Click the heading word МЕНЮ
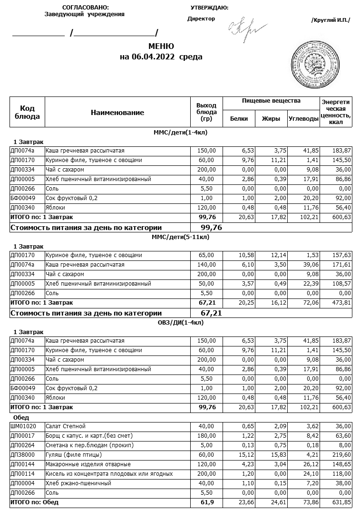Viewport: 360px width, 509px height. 161,47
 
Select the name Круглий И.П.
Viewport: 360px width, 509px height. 331,20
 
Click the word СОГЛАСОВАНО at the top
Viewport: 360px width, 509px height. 86,8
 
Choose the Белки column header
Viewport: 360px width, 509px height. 239,119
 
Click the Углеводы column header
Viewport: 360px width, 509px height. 303,119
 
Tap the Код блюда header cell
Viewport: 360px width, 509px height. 27,113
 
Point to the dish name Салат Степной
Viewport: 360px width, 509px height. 65,426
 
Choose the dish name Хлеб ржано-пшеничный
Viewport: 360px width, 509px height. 78,483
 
